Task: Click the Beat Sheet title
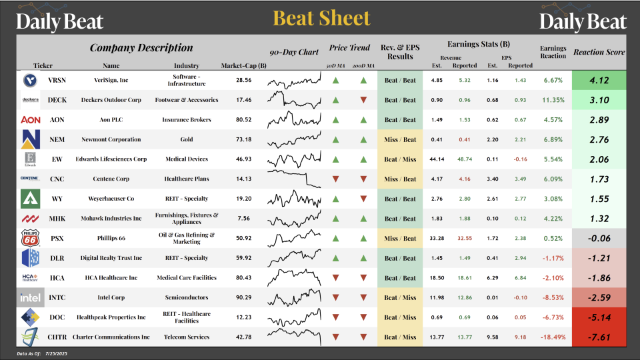321,19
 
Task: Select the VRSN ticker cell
57,80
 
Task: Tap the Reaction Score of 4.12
599,80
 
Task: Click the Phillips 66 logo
29,238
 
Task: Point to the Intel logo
29,297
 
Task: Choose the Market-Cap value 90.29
243,297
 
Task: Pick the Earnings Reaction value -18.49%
553,337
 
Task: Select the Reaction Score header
599,52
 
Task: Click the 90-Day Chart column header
294,53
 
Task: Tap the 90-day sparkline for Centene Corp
294,179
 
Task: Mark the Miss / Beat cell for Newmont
399,139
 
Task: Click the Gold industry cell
186,139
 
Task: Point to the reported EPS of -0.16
520,159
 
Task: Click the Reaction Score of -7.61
599,337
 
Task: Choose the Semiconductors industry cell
186,297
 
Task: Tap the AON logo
29,120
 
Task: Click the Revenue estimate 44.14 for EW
437,159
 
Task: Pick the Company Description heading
141,48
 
